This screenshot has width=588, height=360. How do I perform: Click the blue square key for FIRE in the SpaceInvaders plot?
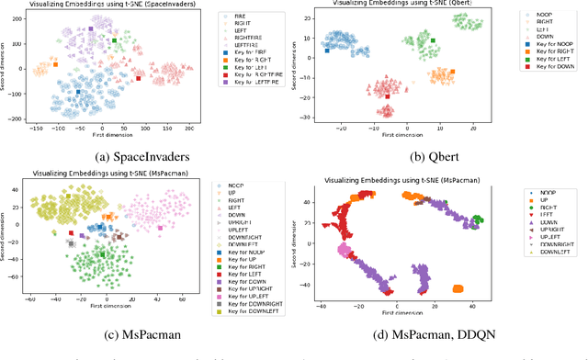point(78,92)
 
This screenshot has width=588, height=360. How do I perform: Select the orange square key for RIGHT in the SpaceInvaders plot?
point(55,64)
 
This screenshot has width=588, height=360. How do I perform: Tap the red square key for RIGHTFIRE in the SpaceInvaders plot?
point(139,79)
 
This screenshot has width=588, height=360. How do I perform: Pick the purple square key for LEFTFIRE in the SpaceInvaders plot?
point(90,29)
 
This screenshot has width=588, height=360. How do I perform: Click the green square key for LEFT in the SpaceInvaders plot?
point(114,40)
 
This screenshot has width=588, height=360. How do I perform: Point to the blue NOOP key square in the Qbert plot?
point(327,51)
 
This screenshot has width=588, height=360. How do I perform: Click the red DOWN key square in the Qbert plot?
point(388,96)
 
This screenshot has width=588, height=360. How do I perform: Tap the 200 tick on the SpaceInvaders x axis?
point(189,133)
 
